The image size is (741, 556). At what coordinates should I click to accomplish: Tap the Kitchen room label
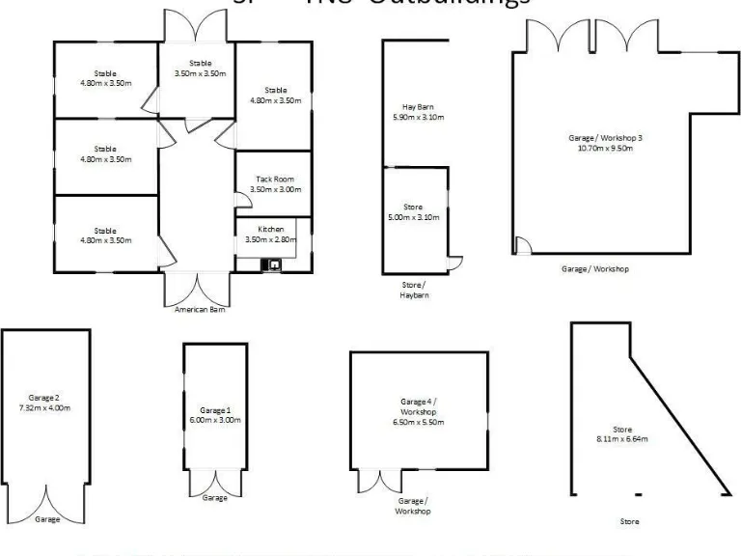coord(271,228)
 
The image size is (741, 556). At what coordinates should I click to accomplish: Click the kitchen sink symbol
coord(274,264)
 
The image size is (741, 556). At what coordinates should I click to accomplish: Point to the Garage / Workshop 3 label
coord(605,138)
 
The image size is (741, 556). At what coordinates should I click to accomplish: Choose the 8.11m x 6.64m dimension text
coord(622,439)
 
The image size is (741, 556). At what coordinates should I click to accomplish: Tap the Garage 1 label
coord(214,410)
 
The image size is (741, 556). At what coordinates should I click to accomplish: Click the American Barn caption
coord(199,310)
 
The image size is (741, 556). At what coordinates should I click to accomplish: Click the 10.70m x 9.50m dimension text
coord(605,149)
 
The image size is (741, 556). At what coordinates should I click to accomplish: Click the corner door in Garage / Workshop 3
coord(522,245)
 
